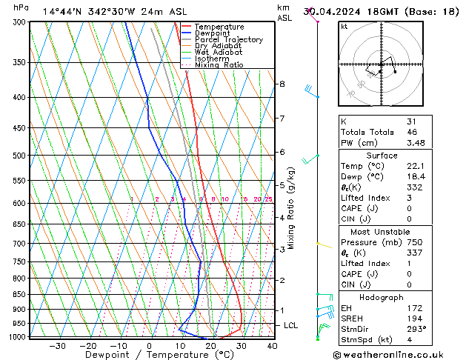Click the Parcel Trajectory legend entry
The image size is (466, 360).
228,40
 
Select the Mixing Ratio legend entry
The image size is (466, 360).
219,65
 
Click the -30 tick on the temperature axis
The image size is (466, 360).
57,346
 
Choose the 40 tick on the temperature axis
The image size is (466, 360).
272,346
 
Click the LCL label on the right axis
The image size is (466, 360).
291,325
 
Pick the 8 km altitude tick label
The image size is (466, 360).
282,84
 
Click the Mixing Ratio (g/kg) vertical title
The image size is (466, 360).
291,208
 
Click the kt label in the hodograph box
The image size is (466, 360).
344,27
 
